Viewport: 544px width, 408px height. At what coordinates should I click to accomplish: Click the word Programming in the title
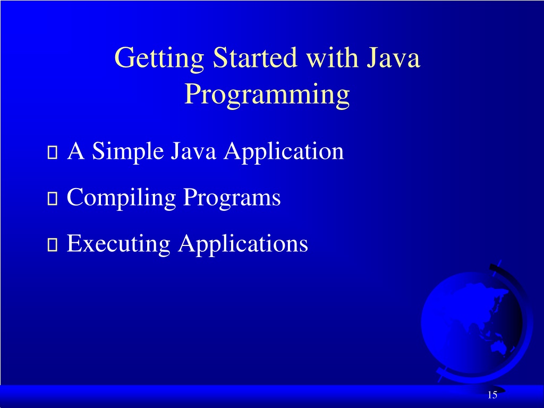pos(267,95)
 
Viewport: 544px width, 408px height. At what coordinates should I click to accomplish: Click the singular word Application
pos(284,152)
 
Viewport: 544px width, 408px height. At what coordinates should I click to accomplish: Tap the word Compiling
pos(122,199)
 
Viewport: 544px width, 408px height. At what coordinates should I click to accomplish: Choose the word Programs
pos(232,199)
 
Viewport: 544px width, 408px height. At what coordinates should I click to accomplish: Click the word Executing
pos(118,244)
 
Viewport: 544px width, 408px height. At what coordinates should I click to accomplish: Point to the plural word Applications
pos(243,244)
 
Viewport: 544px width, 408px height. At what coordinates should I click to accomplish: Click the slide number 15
pos(492,395)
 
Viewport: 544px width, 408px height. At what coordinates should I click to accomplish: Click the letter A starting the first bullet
pos(76,152)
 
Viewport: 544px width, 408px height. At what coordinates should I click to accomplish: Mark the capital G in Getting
pos(124,58)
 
